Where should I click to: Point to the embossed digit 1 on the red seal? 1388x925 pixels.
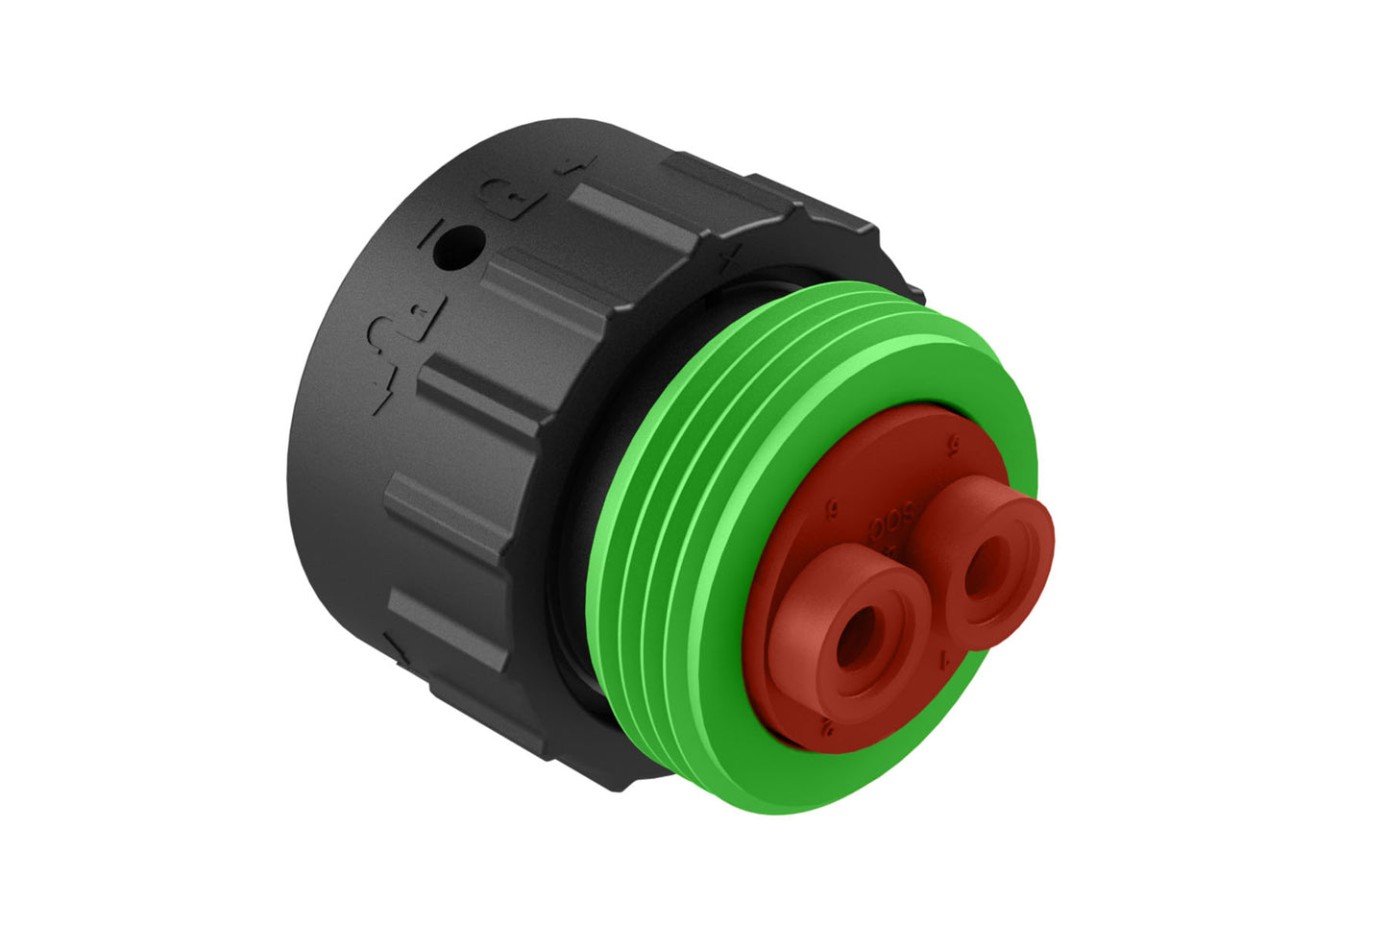pos(947,658)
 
